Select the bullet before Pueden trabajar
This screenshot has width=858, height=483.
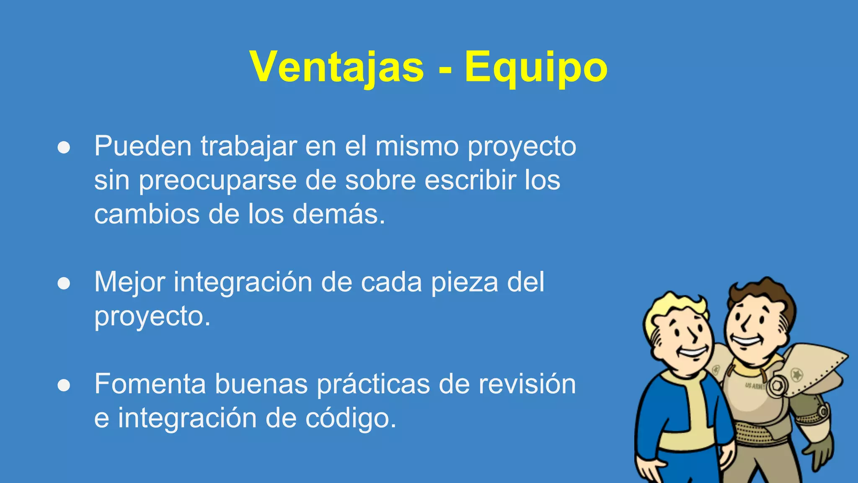click(64, 148)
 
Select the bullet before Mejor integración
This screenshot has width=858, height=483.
click(64, 283)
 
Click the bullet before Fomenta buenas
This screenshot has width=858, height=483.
click(64, 385)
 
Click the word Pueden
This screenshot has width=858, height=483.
click(143, 146)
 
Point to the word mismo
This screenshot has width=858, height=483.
click(416, 146)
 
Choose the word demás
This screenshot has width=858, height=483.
click(338, 214)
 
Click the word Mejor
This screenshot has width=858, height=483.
click(129, 283)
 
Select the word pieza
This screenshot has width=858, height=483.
click(465, 283)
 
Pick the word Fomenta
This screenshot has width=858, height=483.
click(150, 384)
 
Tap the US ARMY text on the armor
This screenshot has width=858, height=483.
click(754, 386)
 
